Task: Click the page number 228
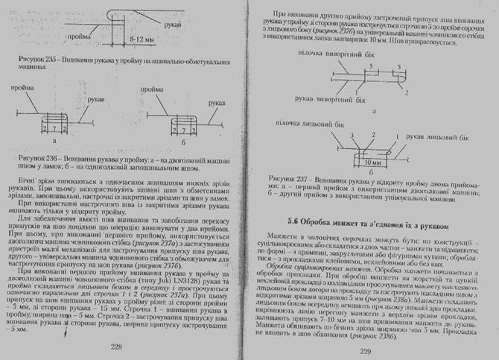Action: coord(115,347)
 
